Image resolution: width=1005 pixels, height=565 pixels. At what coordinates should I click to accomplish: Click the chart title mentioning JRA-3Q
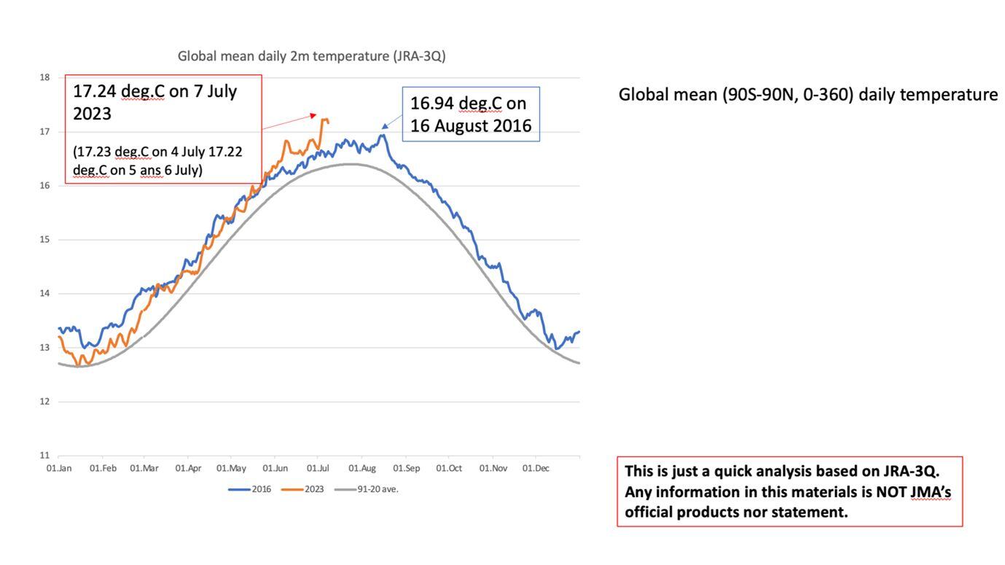click(311, 56)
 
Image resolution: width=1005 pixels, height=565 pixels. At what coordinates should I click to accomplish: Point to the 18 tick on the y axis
click(44, 77)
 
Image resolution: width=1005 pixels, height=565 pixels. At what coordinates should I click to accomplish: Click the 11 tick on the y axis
click(44, 456)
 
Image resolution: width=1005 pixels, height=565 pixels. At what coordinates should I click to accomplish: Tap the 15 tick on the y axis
click(44, 240)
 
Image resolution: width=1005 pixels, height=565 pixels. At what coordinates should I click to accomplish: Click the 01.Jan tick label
click(59, 468)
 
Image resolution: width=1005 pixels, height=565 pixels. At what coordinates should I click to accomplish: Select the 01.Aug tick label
click(362, 468)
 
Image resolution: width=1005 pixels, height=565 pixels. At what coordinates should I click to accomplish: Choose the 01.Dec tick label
click(536, 468)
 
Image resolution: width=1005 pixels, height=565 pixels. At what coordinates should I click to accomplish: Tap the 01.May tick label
click(232, 468)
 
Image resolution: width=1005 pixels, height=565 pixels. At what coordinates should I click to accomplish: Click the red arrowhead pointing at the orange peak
click(313, 114)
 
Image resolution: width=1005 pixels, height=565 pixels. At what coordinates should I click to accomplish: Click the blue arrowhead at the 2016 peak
click(385, 126)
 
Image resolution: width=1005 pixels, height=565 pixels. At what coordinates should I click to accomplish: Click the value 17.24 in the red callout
click(95, 91)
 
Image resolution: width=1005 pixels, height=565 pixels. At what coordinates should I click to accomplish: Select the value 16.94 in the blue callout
click(432, 103)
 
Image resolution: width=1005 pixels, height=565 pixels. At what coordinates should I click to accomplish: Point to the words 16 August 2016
click(470, 126)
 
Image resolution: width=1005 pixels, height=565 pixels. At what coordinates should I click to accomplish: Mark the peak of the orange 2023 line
click(324, 120)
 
